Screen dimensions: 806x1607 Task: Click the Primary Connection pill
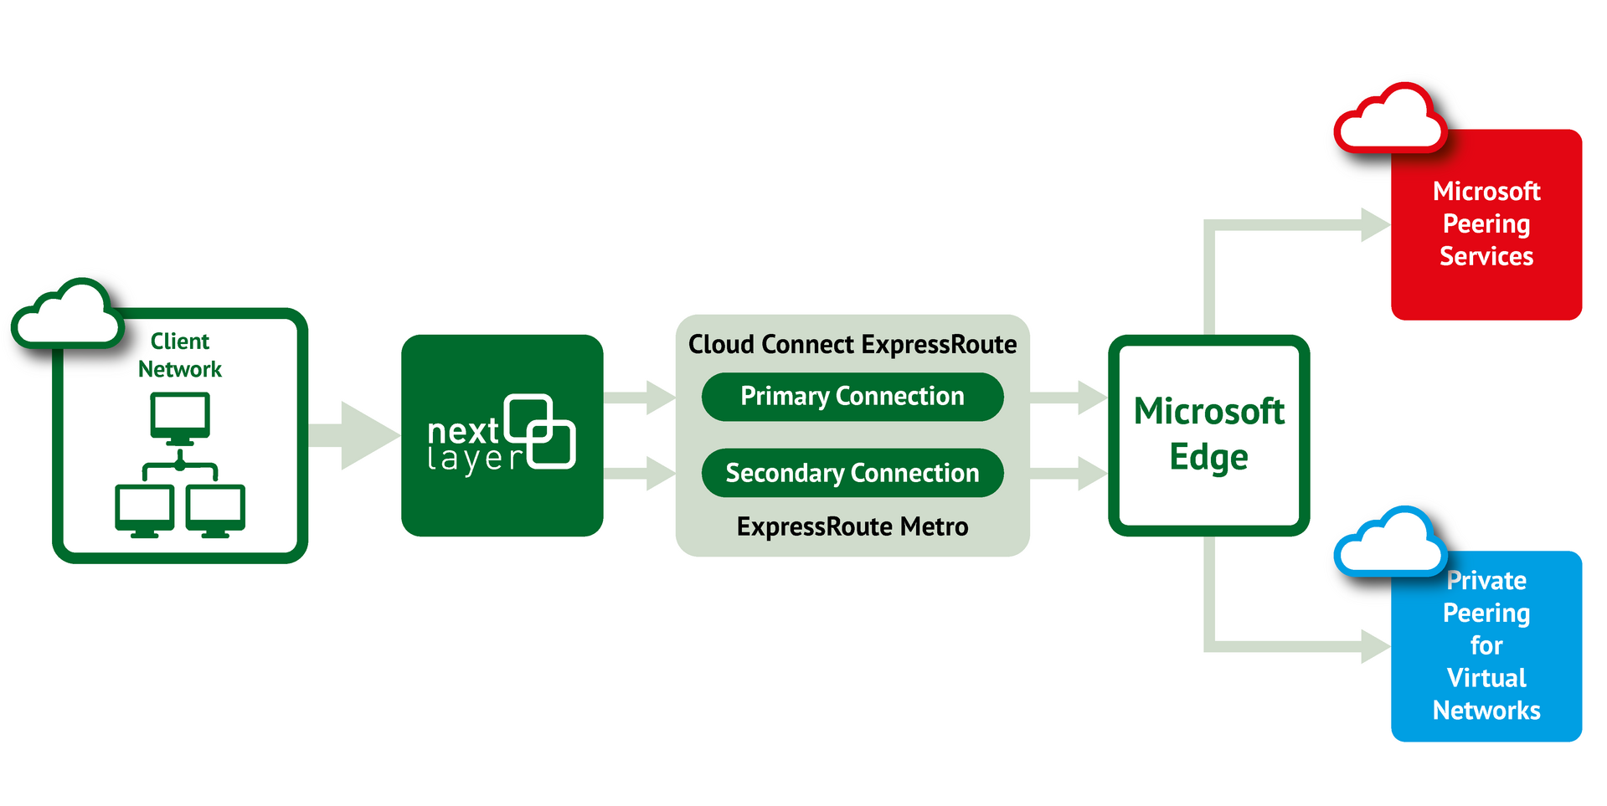tap(852, 397)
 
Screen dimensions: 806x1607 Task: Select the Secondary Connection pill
tap(852, 473)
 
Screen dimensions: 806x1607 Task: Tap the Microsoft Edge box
tap(1208, 435)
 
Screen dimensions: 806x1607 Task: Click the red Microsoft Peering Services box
tap(1486, 224)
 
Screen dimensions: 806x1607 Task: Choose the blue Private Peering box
tap(1486, 645)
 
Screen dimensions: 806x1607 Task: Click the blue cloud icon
tap(1390, 544)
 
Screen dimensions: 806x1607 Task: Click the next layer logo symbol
tap(541, 431)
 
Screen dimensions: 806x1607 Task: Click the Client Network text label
tap(180, 355)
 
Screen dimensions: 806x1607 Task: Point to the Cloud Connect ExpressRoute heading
tap(852, 344)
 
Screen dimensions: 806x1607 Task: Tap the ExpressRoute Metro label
tap(852, 526)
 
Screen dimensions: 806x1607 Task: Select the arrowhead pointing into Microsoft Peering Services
tap(1373, 224)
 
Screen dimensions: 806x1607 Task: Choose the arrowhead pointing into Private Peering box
tap(1373, 646)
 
